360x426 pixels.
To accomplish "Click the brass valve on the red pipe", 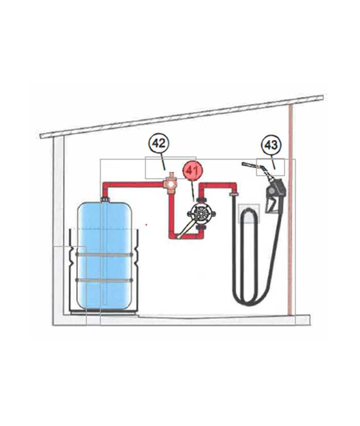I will click(169, 183).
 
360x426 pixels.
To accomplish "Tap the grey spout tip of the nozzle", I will click(247, 165).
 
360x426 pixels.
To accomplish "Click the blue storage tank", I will click(105, 257).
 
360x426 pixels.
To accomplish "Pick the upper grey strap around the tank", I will click(105, 254).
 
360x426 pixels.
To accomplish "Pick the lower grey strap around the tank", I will click(105, 279).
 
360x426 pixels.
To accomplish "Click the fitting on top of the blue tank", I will click(105, 197).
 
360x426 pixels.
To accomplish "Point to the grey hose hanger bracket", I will click(249, 212).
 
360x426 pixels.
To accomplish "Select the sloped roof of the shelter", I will click(180, 116).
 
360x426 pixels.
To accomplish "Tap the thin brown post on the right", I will click(291, 206).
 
